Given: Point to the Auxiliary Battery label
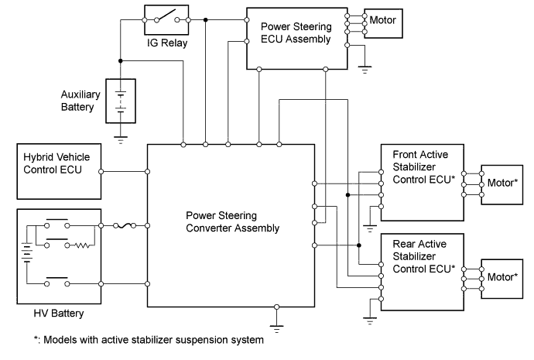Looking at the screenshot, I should pos(81,101).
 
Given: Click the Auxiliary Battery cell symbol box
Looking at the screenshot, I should pos(120,101).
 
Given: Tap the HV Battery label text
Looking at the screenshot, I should pos(58,314).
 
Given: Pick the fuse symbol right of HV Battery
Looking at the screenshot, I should pos(125,226).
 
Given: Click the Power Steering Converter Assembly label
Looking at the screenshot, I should pos(233,221).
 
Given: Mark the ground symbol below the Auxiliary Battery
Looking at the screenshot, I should pos(120,140).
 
